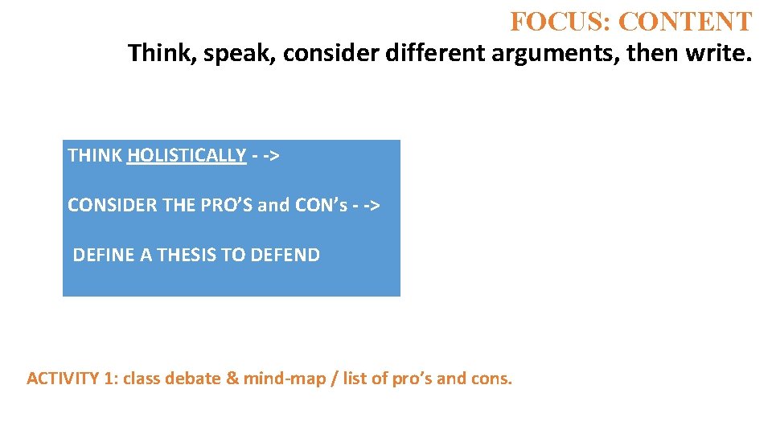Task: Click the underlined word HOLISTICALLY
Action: pyautogui.click(x=186, y=155)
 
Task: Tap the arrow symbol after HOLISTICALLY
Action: pyautogui.click(x=265, y=156)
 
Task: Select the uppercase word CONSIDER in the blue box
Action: pyautogui.click(x=112, y=205)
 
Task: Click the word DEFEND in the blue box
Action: pyautogui.click(x=285, y=255)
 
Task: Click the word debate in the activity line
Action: pyautogui.click(x=194, y=379)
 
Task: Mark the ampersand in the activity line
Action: pyautogui.click(x=233, y=379)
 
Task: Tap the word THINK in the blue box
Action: pyautogui.click(x=95, y=155)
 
